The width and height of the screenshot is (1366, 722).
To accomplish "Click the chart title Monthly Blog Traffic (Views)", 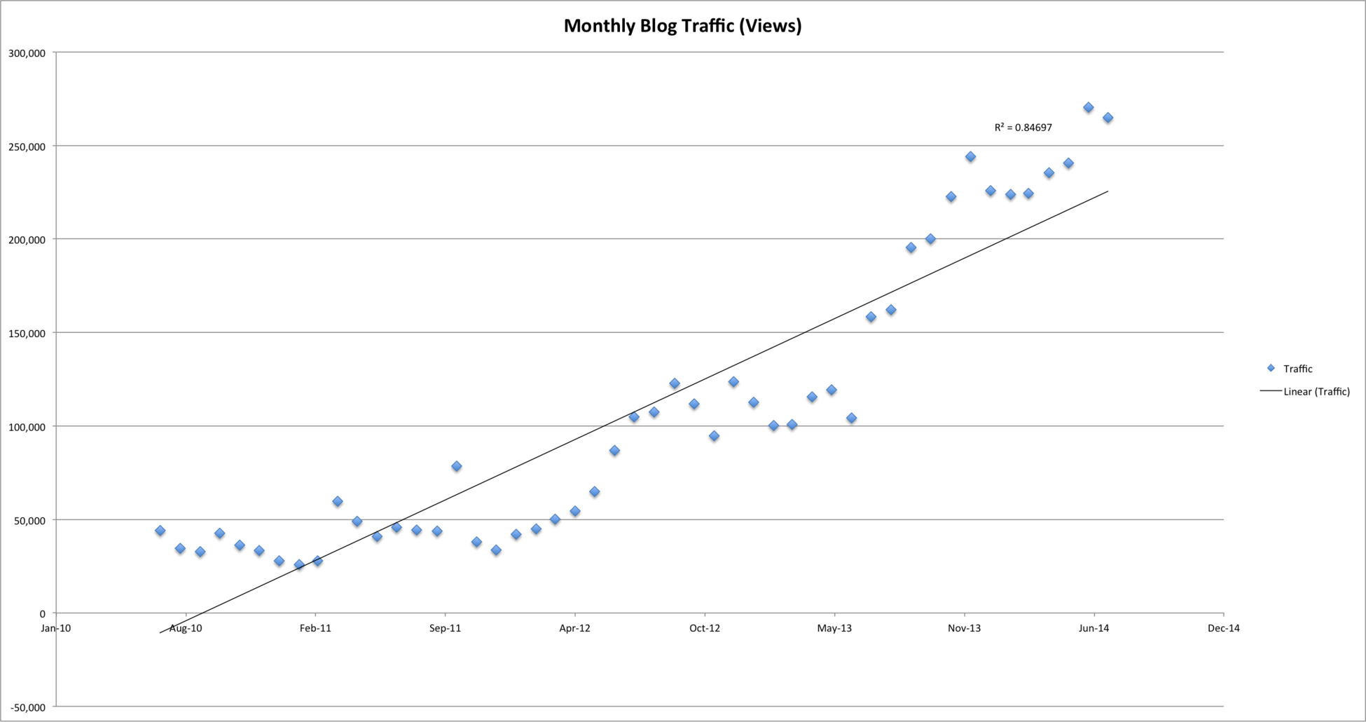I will pyautogui.click(x=682, y=26).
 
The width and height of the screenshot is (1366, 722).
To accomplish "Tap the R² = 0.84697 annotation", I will pyautogui.click(x=1023, y=128).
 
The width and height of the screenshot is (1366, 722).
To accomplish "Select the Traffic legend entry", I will pyautogui.click(x=1297, y=369).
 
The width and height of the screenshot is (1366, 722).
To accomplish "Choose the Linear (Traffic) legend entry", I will pyautogui.click(x=1316, y=392).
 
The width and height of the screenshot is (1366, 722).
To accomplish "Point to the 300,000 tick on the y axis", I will pyautogui.click(x=27, y=53).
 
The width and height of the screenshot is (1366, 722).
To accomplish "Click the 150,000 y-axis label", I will pyautogui.click(x=27, y=333).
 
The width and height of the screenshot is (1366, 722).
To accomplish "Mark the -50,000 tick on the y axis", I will pyautogui.click(x=27, y=707).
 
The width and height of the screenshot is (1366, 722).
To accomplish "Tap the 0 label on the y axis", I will pyautogui.click(x=42, y=613).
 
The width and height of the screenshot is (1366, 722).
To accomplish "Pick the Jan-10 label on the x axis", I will pyautogui.click(x=55, y=628).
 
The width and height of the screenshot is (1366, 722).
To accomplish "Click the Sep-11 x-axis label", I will pyautogui.click(x=445, y=628).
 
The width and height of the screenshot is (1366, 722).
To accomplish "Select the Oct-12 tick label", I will pyautogui.click(x=705, y=628).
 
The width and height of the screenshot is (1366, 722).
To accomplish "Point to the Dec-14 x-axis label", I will pyautogui.click(x=1224, y=628).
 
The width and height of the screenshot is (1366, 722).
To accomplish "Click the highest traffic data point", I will pyautogui.click(x=1088, y=107).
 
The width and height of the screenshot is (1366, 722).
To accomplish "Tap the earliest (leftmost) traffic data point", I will pyautogui.click(x=160, y=531).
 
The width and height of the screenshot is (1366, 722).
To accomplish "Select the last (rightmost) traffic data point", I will pyautogui.click(x=1108, y=118).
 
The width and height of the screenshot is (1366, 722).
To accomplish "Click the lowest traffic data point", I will pyautogui.click(x=299, y=564).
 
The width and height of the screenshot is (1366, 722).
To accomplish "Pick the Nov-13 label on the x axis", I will pyautogui.click(x=964, y=628).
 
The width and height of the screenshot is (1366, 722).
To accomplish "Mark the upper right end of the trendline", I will pyautogui.click(x=1108, y=191).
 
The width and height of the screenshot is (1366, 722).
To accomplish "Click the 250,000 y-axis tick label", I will pyautogui.click(x=27, y=147).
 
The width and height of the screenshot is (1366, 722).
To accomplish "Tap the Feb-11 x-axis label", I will pyautogui.click(x=315, y=628).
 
